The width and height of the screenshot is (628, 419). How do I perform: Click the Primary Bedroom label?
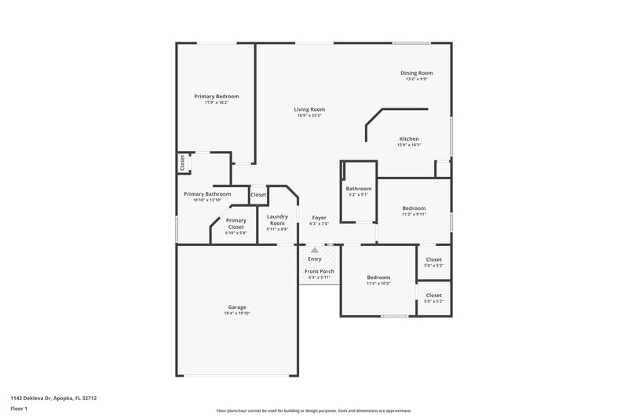(x=217, y=96)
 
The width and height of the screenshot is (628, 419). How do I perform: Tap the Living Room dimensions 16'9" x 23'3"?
(x=309, y=116)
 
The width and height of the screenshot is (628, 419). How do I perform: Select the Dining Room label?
(x=416, y=73)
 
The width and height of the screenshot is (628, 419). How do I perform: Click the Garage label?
(x=236, y=307)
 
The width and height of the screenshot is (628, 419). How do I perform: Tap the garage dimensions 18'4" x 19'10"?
(x=236, y=314)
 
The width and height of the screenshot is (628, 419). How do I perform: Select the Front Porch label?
(x=319, y=271)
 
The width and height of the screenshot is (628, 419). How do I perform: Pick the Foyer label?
(x=319, y=217)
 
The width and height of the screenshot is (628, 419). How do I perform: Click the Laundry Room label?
(x=277, y=219)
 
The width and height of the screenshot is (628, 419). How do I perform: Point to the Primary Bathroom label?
(x=207, y=194)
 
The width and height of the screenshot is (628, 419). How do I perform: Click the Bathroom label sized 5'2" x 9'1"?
(x=359, y=189)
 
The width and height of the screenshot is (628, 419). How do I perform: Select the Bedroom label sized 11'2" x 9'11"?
(x=414, y=208)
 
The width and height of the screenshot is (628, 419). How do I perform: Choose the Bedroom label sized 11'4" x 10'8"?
(x=378, y=277)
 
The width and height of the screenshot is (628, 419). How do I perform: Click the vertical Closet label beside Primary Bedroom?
(x=182, y=163)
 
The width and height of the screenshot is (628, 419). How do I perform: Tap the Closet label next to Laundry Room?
(x=258, y=194)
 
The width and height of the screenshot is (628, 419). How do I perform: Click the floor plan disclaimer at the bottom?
(x=313, y=410)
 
